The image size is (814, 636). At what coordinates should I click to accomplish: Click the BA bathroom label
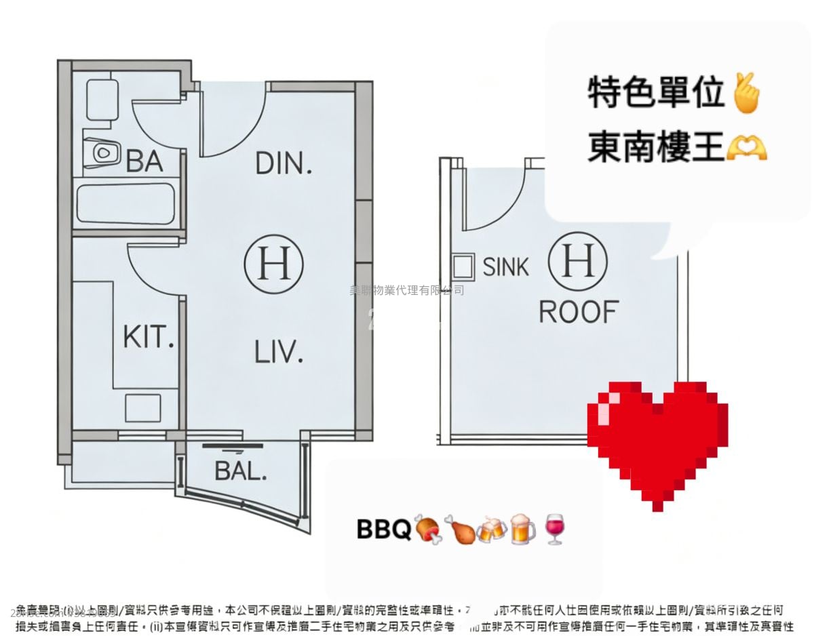144,161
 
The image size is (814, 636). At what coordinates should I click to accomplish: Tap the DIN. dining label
284,163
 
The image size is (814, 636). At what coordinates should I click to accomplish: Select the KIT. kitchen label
149,337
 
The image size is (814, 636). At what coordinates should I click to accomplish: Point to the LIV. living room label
278,353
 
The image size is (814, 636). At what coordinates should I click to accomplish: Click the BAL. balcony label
240,471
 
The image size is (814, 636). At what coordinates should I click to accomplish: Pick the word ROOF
578,313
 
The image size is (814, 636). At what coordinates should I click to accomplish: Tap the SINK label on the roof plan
505,267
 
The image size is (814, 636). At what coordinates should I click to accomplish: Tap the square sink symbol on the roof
464,266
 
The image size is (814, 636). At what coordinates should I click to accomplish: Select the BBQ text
383,530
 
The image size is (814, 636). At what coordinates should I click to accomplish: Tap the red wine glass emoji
554,529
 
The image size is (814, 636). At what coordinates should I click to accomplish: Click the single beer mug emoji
522,529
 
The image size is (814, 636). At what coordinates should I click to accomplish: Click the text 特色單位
656,94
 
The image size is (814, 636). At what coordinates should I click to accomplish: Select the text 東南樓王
656,148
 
